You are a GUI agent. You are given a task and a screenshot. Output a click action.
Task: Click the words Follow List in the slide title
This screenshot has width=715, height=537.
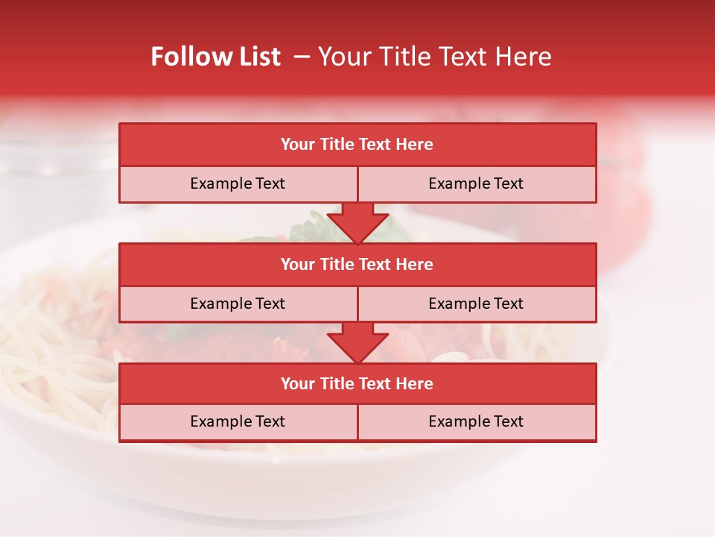(215, 57)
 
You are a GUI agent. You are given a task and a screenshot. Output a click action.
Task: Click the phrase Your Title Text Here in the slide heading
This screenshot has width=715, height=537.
(434, 57)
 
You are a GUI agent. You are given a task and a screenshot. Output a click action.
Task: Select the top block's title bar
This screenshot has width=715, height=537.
(357, 145)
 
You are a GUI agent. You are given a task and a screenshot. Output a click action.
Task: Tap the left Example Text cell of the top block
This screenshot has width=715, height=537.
(238, 183)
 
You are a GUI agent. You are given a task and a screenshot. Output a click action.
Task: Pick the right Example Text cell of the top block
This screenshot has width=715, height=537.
(476, 183)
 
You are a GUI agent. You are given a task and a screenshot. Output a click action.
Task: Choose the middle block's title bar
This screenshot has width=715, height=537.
(357, 264)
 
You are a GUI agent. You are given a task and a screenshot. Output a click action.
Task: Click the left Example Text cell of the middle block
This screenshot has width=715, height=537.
(238, 304)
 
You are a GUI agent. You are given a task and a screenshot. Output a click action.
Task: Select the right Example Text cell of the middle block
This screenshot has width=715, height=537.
(476, 304)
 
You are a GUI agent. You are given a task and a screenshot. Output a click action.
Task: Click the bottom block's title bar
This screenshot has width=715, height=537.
(357, 383)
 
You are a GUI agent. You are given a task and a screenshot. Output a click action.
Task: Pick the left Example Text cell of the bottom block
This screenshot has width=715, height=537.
(238, 421)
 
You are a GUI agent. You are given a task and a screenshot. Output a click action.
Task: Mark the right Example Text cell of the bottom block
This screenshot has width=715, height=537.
(476, 421)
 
